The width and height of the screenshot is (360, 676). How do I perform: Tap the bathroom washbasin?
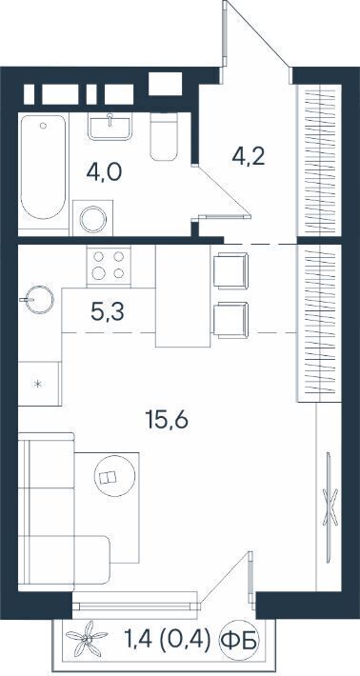[x=110, y=126]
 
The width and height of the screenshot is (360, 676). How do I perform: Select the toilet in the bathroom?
[x=164, y=136]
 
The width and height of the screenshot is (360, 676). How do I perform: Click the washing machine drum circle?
[x=93, y=219]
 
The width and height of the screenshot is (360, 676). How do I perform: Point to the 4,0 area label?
[x=105, y=172]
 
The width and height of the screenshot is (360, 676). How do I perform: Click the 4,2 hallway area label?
[x=248, y=157]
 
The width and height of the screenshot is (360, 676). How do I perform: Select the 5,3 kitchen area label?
[x=108, y=312]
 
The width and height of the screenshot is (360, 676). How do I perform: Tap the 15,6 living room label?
[x=167, y=420]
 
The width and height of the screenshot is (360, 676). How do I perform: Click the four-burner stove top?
[x=109, y=265]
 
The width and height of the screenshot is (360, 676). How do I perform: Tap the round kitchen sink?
[x=40, y=299]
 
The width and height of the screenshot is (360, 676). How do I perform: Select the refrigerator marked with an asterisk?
[x=39, y=384]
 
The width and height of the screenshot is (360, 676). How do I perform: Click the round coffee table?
[x=114, y=476]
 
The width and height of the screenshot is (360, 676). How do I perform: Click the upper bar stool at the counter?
[x=231, y=270]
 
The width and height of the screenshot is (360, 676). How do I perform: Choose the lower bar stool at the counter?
[x=231, y=320]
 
